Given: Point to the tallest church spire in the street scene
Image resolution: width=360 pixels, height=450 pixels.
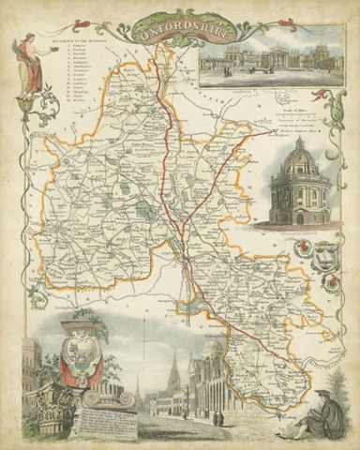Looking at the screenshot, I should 174,366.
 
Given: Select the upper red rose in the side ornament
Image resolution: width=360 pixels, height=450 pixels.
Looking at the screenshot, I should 304,249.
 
